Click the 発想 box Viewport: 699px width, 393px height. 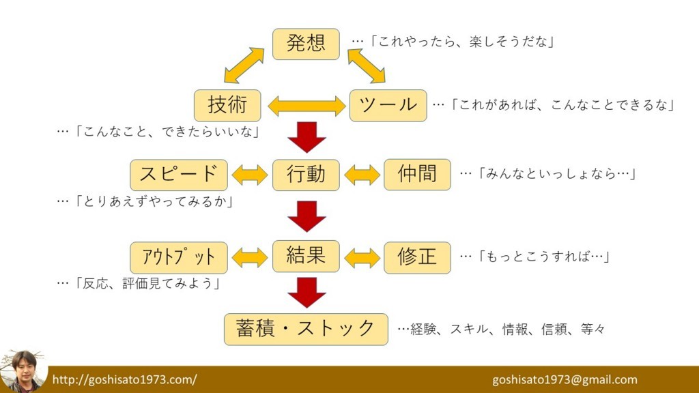(306, 44)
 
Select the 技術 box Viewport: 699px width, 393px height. (227, 105)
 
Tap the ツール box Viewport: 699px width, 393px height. (388, 105)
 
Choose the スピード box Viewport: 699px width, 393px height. (178, 174)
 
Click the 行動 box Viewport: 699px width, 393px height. (306, 174)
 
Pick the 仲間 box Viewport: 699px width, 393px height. (417, 174)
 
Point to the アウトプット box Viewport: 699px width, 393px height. (178, 257)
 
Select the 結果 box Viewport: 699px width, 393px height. (306, 256)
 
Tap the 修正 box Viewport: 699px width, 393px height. (417, 257)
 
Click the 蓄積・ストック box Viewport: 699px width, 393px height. (306, 329)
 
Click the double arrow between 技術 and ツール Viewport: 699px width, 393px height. (306, 106)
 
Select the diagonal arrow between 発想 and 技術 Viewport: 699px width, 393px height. (244, 65)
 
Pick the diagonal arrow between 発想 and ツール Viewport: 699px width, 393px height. (367, 65)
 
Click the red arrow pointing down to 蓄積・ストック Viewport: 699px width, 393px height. (306, 292)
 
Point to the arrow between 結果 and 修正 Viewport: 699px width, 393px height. (362, 257)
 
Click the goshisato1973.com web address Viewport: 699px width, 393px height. (124, 380)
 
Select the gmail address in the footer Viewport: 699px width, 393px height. (565, 380)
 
